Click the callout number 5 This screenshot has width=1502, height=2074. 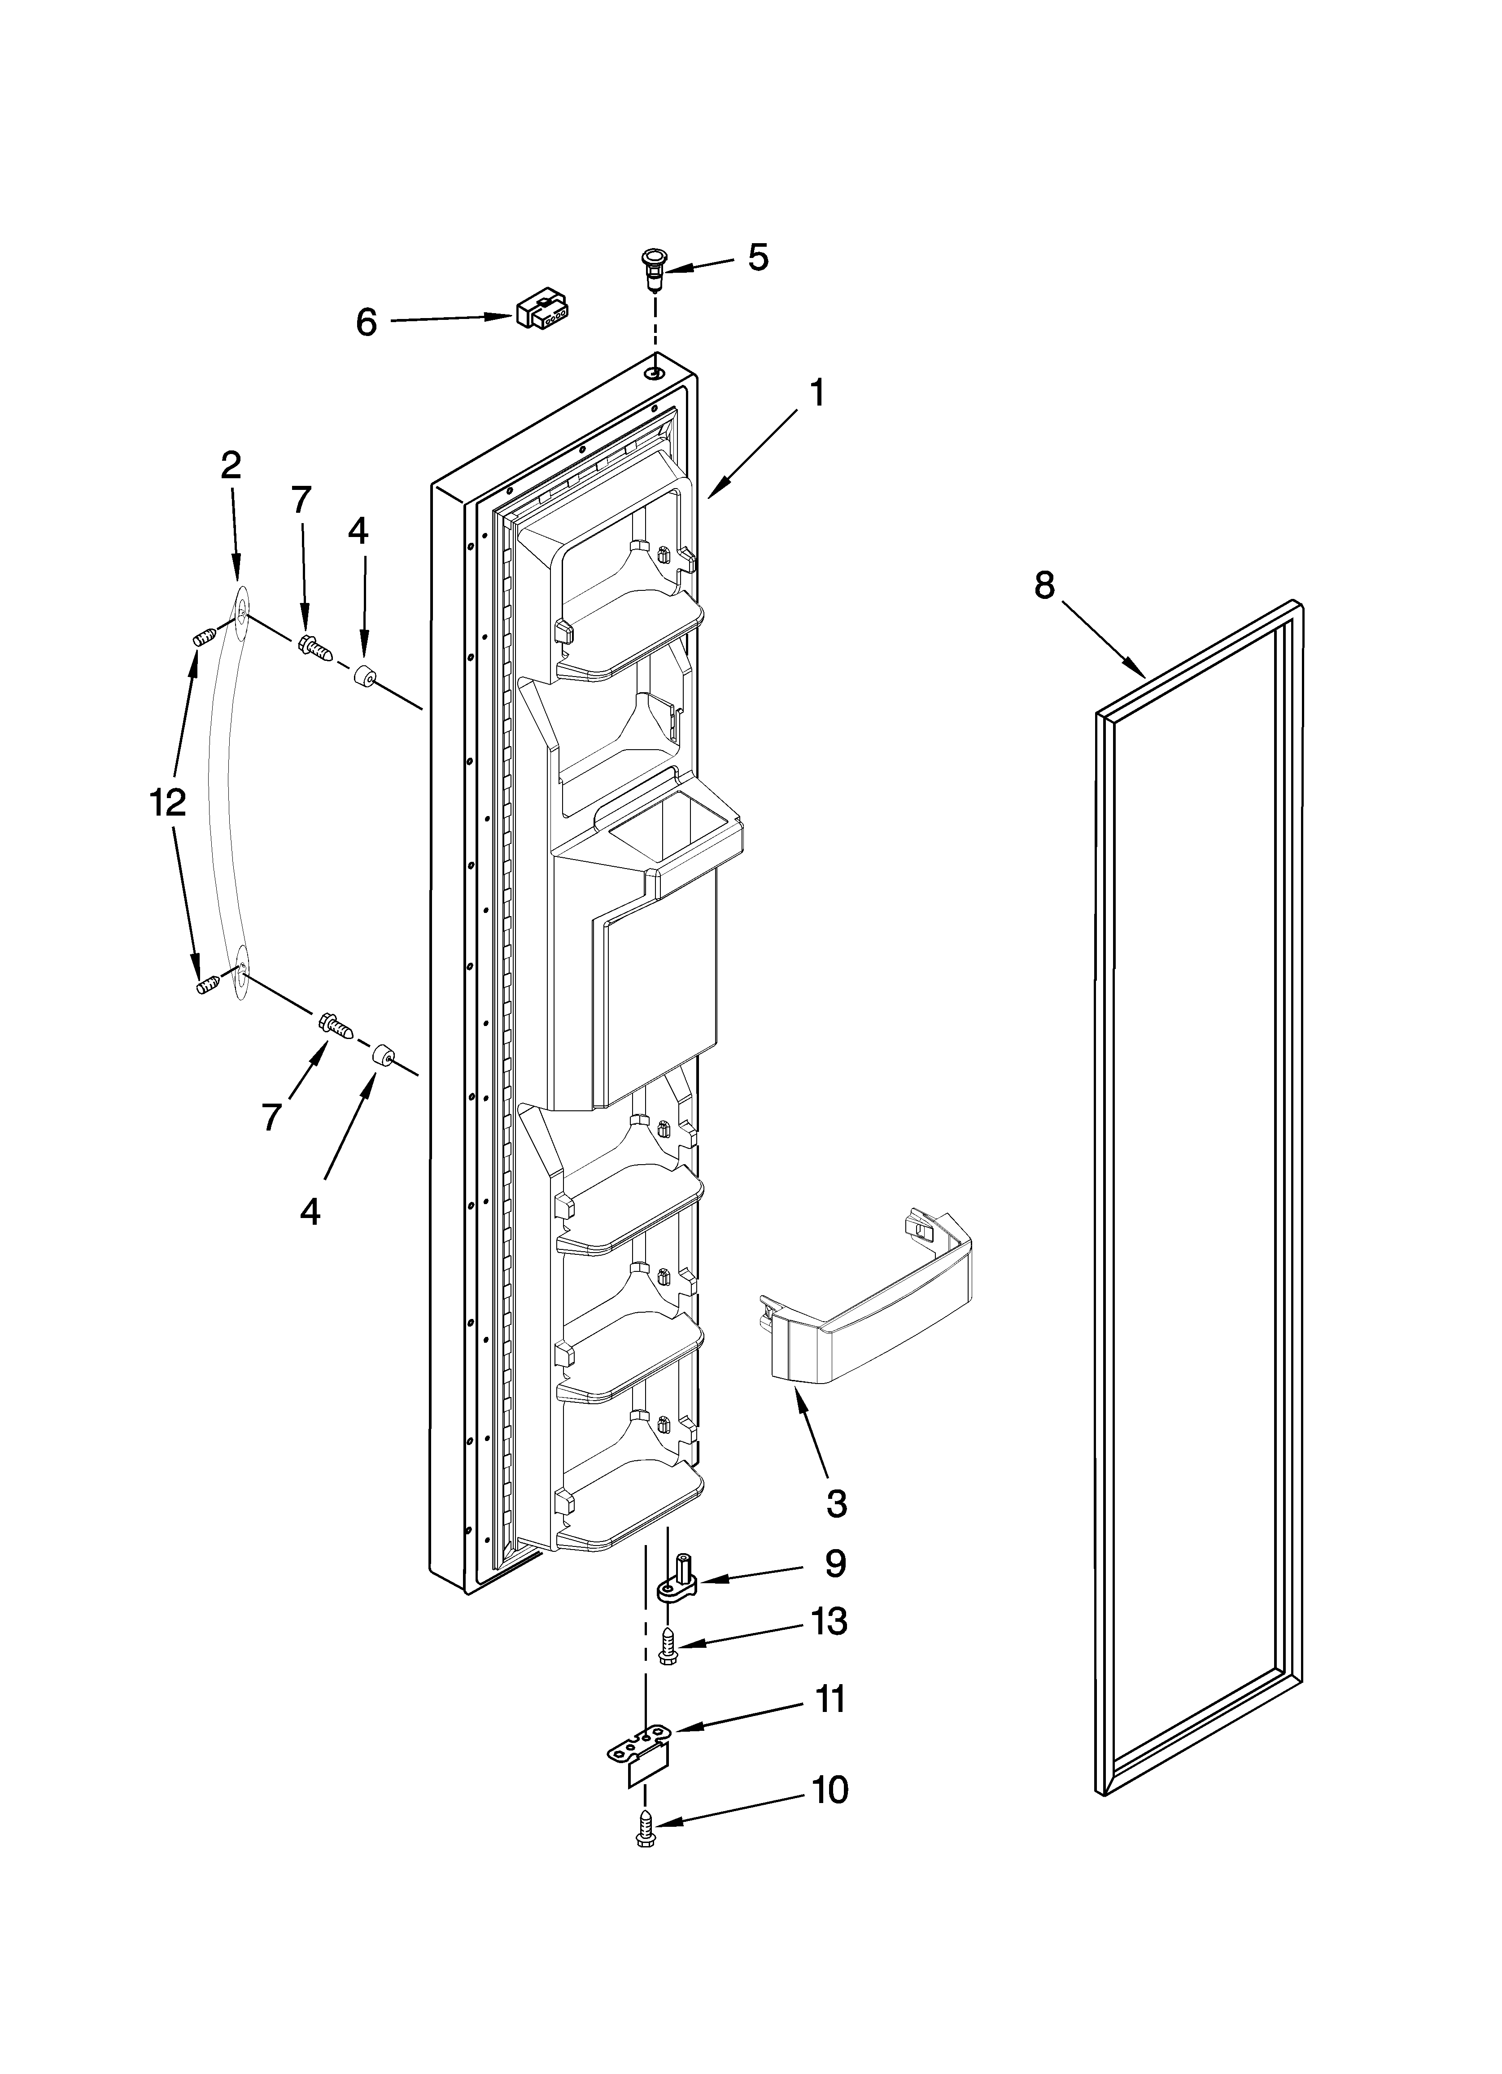[x=757, y=258]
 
